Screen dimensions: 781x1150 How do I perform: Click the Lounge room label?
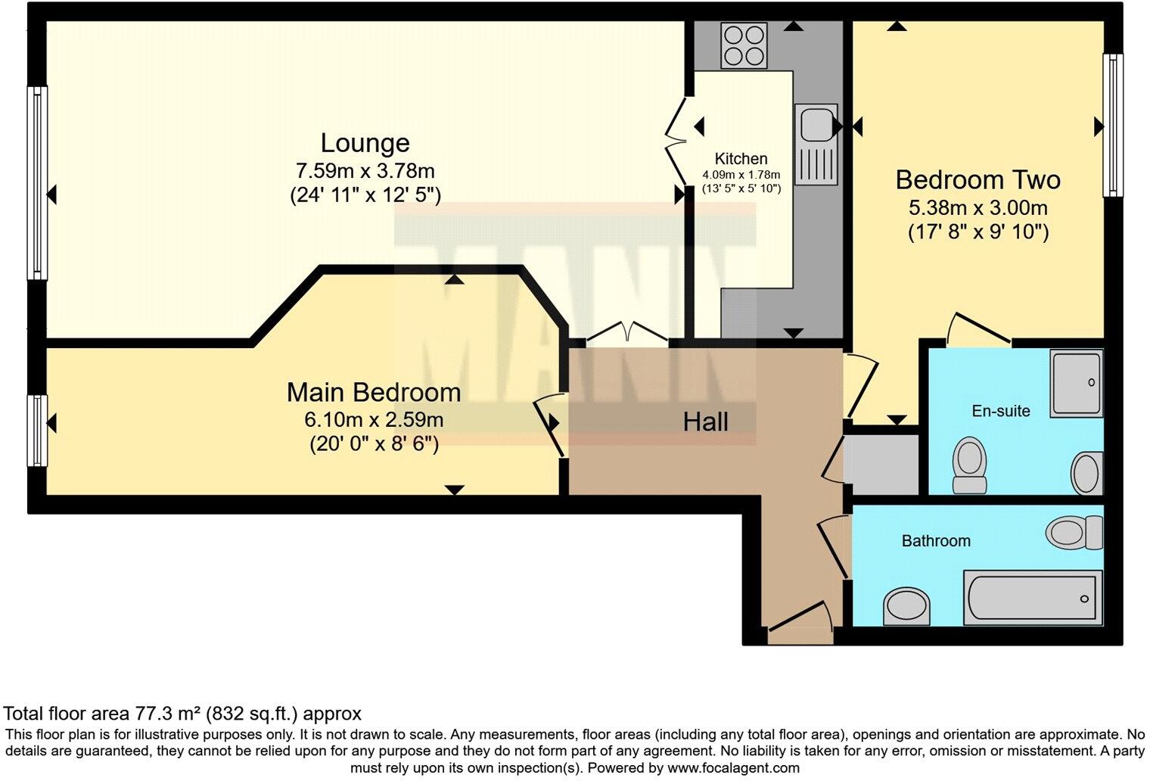(x=365, y=143)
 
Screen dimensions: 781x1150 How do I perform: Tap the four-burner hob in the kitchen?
(x=744, y=45)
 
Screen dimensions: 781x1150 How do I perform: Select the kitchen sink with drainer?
(x=816, y=144)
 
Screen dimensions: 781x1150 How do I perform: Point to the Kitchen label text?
(x=741, y=159)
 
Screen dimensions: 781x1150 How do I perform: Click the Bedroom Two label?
(x=977, y=180)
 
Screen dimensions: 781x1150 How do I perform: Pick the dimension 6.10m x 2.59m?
(x=374, y=419)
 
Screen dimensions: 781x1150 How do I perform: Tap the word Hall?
(x=705, y=422)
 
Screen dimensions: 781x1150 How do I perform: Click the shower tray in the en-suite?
(x=1076, y=384)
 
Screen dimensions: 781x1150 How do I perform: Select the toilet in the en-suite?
(x=969, y=465)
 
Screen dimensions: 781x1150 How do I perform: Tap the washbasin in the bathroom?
(x=906, y=606)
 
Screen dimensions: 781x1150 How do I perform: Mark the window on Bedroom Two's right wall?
(x=1112, y=125)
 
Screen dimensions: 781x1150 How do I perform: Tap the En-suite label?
(x=1000, y=411)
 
